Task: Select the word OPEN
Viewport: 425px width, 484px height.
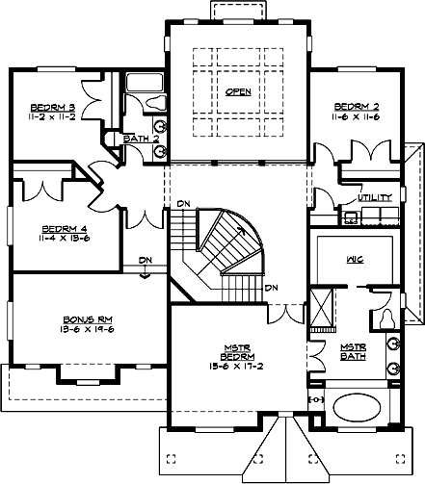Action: tap(236, 92)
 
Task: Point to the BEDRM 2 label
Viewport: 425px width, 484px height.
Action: tap(354, 106)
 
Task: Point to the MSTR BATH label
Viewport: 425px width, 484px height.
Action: tap(352, 352)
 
